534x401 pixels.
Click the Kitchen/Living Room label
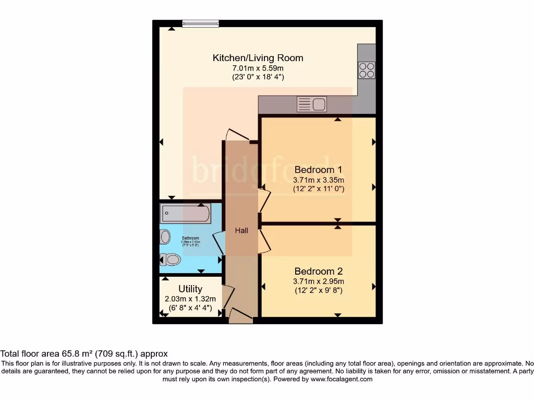click(258, 58)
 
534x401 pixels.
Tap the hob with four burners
click(367, 69)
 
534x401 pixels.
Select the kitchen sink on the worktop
click(311, 105)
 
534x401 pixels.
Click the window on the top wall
click(200, 23)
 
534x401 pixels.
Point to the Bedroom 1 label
click(318, 170)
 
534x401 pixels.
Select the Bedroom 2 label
click(318, 272)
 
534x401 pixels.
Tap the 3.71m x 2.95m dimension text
click(318, 281)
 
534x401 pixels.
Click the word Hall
click(241, 230)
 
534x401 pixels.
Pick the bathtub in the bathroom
click(186, 214)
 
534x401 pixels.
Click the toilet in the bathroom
click(170, 258)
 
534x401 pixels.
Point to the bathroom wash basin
click(165, 237)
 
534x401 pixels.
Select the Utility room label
click(190, 289)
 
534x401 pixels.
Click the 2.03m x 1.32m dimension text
click(190, 299)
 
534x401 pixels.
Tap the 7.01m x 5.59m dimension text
click(258, 68)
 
